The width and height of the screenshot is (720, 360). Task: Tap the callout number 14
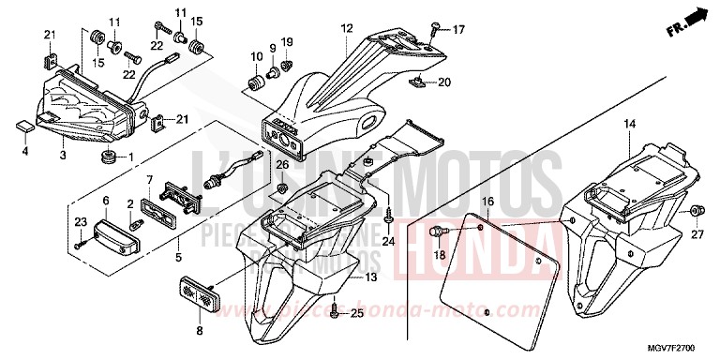628,124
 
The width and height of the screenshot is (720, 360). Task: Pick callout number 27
697,235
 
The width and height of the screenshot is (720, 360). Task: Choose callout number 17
459,31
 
